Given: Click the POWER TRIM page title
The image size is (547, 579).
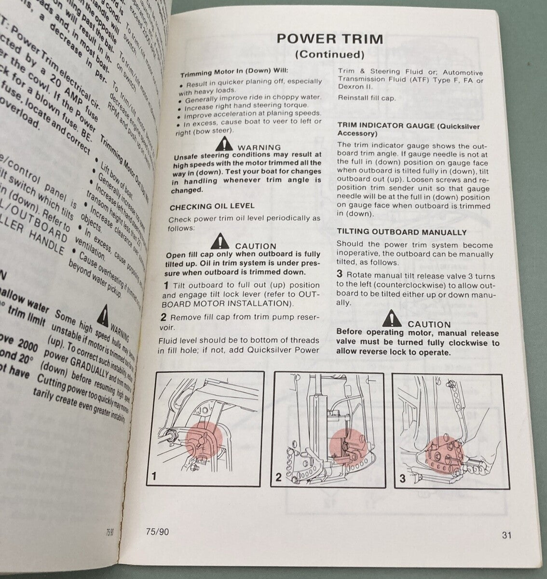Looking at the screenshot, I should coord(330,38).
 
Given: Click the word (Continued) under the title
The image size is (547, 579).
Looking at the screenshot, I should coord(329,55).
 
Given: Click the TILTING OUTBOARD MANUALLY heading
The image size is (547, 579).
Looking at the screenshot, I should coord(401,232).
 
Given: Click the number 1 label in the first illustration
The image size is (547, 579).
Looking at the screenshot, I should coord(154,477).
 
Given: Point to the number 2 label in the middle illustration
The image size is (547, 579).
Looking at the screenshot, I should coord(278,478).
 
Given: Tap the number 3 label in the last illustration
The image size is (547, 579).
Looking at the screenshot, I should coord(402,479).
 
